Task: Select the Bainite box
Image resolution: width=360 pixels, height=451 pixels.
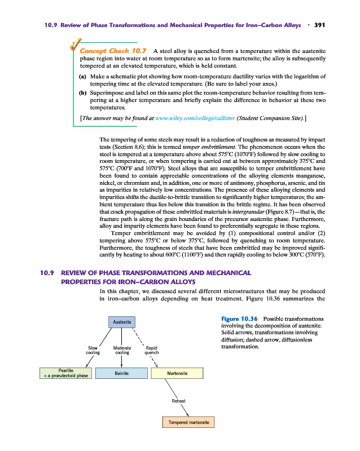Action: (122, 373)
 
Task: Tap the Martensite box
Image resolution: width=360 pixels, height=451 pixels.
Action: (177, 373)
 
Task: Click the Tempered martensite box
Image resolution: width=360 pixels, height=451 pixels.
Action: (188, 422)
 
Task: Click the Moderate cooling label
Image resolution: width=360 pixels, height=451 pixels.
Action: (122, 350)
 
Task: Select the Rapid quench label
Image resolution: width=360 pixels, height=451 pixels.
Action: (151, 350)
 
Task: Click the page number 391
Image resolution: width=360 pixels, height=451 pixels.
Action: (321, 25)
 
